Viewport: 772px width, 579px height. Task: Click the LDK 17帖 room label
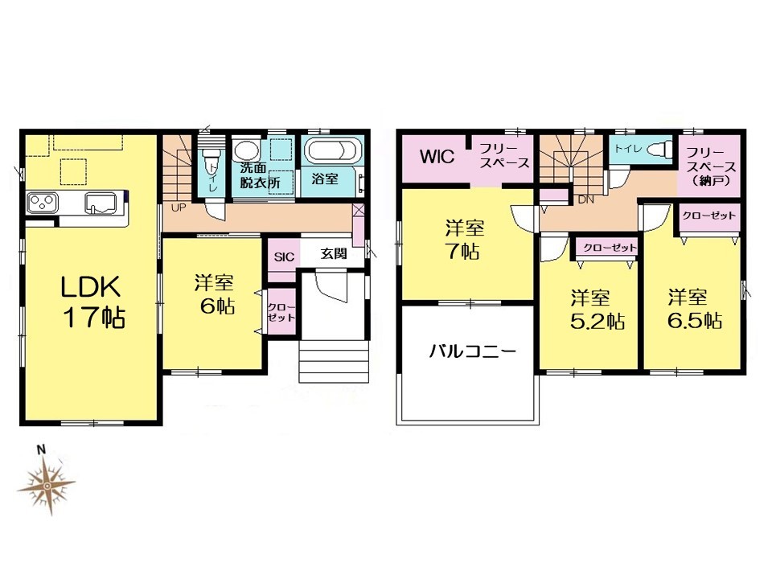pyautogui.click(x=92, y=302)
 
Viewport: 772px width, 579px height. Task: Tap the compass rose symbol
pyautogui.click(x=47, y=486)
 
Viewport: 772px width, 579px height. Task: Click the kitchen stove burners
pyautogui.click(x=43, y=203)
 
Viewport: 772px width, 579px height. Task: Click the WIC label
pyautogui.click(x=437, y=157)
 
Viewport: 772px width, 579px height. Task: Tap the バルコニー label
pyautogui.click(x=473, y=351)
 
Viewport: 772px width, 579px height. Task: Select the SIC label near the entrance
pyautogui.click(x=284, y=257)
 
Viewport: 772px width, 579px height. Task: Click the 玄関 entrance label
pyautogui.click(x=333, y=253)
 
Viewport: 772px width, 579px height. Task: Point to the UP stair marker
pyautogui.click(x=179, y=207)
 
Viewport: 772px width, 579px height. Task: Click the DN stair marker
pyautogui.click(x=586, y=200)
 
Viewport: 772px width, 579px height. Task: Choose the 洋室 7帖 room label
pyautogui.click(x=464, y=240)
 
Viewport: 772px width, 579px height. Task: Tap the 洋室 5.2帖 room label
pyautogui.click(x=597, y=310)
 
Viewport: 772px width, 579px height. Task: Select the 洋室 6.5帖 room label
pyautogui.click(x=694, y=309)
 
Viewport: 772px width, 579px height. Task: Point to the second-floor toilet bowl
pyautogui.click(x=659, y=148)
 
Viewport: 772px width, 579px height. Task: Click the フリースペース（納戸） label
pyautogui.click(x=710, y=166)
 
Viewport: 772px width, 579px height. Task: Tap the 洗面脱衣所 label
pyautogui.click(x=260, y=175)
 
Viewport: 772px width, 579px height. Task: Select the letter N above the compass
pyautogui.click(x=42, y=449)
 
